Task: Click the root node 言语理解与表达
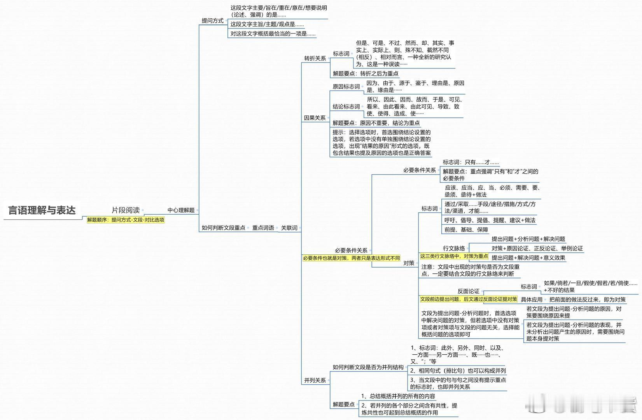pos(42,210)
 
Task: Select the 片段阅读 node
pos(126,210)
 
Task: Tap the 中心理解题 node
pos(181,210)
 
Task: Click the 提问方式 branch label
pos(212,21)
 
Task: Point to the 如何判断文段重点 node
pos(223,228)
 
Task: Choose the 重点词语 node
pos(263,228)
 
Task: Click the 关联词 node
pos(289,228)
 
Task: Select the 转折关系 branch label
pos(315,58)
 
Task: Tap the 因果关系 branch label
pos(315,118)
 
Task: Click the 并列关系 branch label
pos(315,380)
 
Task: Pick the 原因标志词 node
pos(346,86)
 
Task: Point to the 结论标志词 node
pos(346,107)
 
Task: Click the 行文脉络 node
pos(454,248)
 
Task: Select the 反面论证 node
pos(468,291)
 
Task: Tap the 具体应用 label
pos(532,299)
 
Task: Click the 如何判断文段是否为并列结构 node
pos(368,367)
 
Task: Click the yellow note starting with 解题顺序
pos(126,220)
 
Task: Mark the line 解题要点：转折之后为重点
pos(366,73)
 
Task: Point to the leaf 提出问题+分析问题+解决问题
pos(528,239)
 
